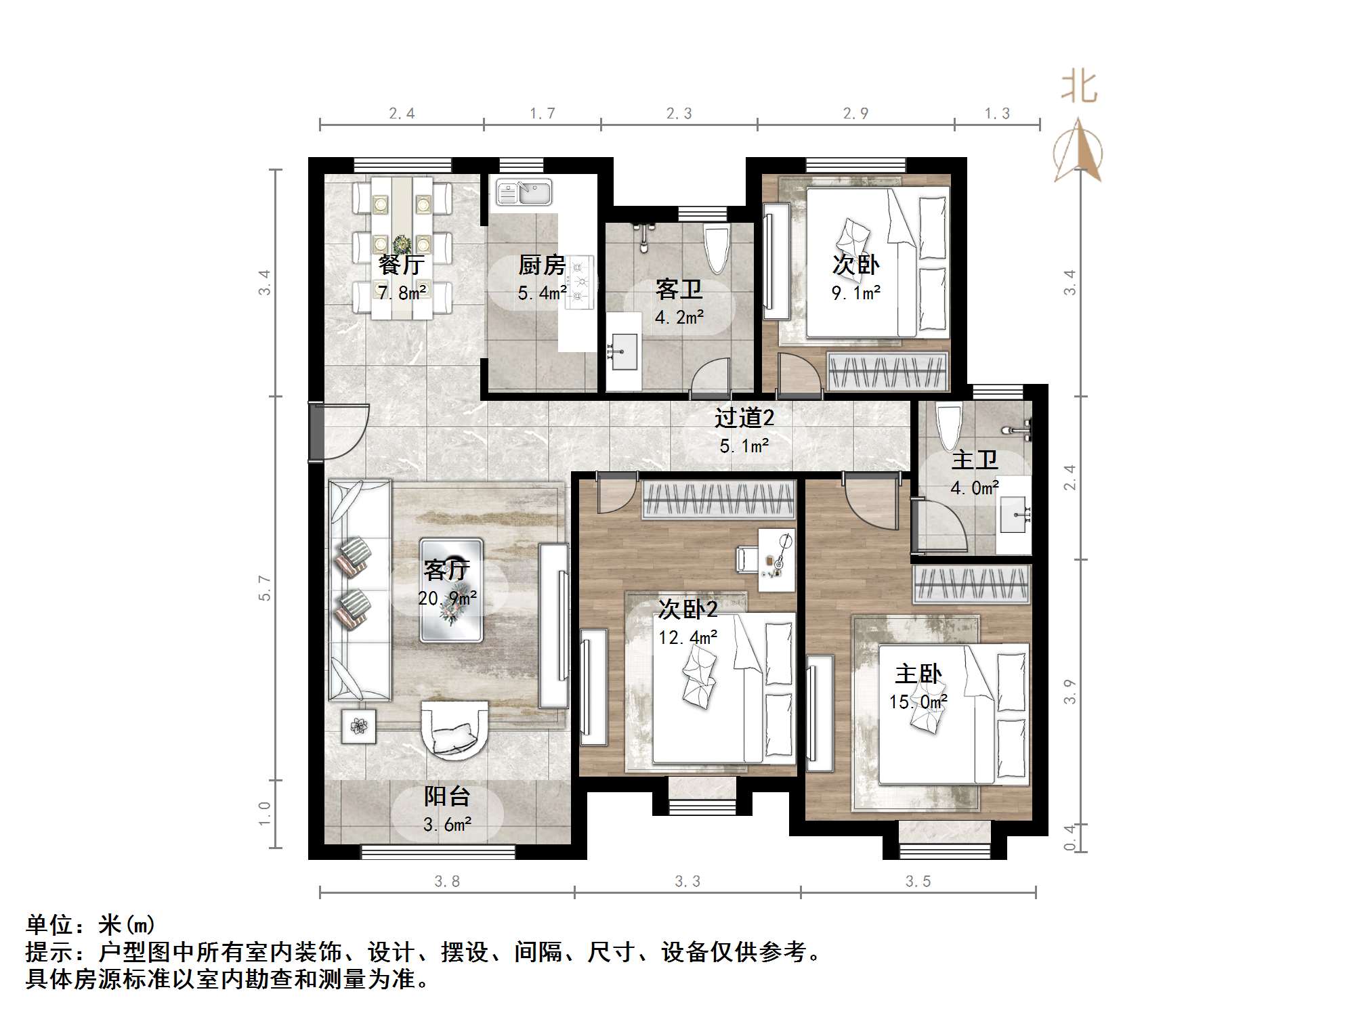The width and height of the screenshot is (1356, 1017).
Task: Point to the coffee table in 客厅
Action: coord(451,590)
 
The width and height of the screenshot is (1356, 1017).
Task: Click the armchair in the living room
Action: coord(454,729)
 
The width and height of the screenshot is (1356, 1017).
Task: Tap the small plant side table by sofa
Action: coord(359,726)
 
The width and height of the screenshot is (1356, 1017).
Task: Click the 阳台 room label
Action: coord(447,796)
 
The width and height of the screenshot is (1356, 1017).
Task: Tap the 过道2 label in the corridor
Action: coord(744,418)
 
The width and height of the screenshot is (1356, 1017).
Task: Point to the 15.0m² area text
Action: coord(918,702)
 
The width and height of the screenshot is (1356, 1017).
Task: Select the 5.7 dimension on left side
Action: coord(265,588)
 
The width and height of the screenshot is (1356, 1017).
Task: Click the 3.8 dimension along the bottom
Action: coord(447,881)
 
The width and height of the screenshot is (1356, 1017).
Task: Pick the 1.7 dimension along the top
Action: coord(543,113)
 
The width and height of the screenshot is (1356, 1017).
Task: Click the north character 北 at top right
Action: coord(1078,88)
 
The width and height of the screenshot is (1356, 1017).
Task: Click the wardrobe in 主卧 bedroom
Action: coord(971,584)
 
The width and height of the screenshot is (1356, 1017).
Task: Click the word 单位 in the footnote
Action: coord(49,924)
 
